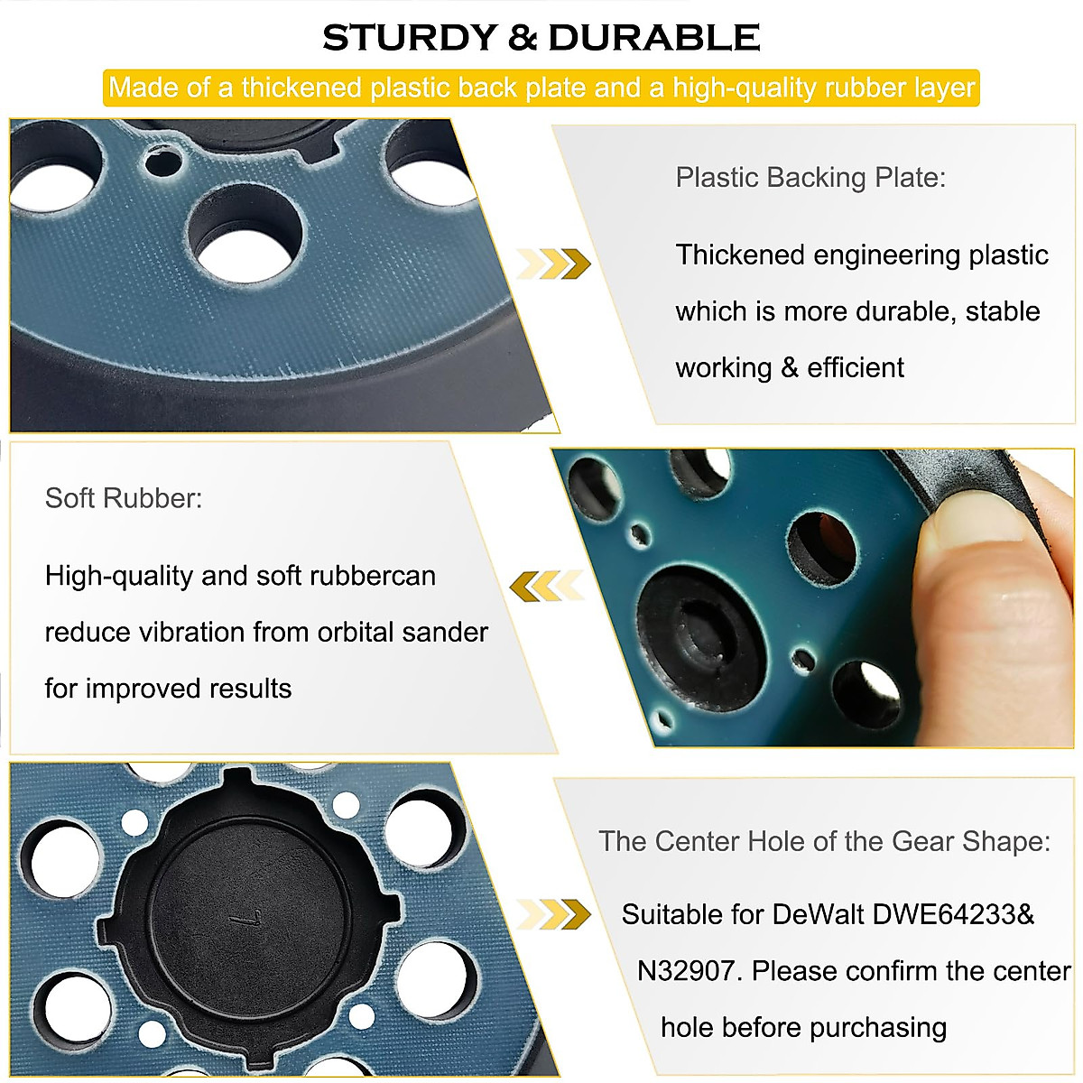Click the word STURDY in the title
410,38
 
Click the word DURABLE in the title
653,38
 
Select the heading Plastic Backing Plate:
810,177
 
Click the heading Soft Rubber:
124,498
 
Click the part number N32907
690,971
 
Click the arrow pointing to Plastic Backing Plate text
553,264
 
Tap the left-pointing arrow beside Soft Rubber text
546,586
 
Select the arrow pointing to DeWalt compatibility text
553,913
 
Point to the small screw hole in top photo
162,163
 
